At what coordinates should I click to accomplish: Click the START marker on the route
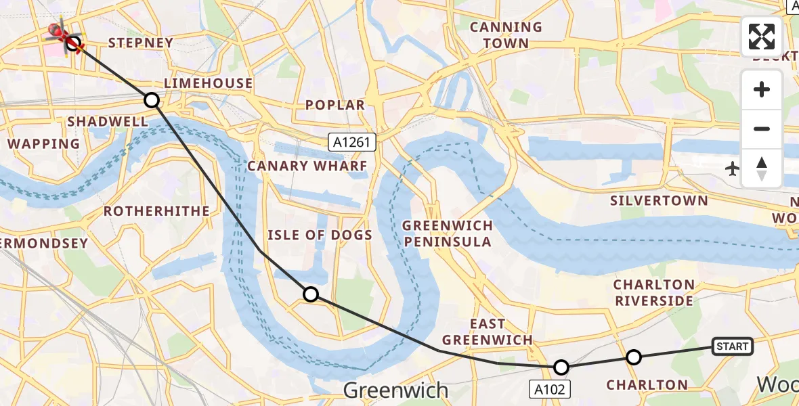pos(732,346)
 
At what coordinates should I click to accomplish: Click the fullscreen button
pos(762,37)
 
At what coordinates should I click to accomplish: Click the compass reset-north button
pos(762,169)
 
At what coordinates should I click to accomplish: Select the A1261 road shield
pos(352,142)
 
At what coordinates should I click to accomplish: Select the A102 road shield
pos(550,388)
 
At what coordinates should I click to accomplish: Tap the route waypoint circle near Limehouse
pos(152,100)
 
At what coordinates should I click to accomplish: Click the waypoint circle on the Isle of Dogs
pos(311,294)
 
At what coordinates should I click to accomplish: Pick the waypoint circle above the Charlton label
pos(633,357)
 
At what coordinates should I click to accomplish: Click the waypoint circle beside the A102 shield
pos(561,367)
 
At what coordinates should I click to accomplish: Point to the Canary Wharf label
pos(307,166)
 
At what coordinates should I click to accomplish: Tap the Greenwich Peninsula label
pos(447,233)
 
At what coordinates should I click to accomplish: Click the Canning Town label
pos(506,35)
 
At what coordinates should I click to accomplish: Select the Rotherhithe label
pos(156,211)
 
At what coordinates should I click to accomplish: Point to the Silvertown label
pos(659,201)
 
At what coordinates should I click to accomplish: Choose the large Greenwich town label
pos(395,390)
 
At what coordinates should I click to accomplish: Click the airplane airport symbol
pos(732,168)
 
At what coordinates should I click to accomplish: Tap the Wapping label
pos(43,144)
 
